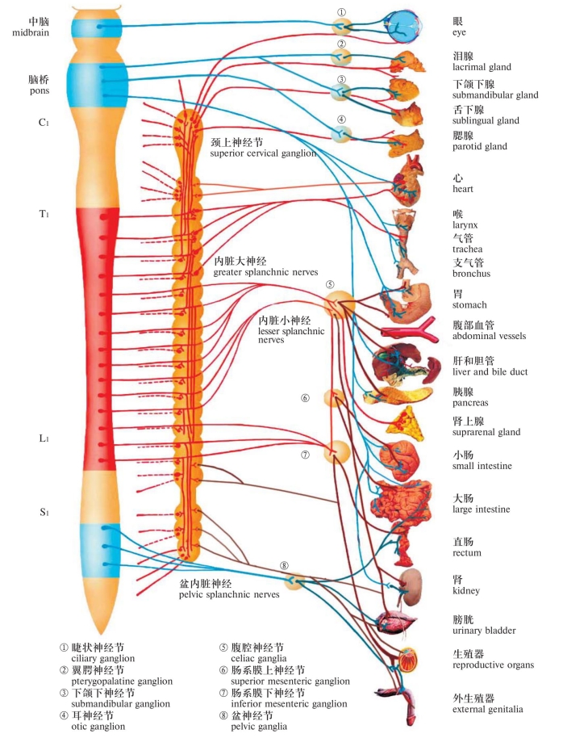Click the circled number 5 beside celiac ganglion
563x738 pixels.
pyautogui.click(x=330, y=284)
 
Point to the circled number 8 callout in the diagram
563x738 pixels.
pyautogui.click(x=284, y=565)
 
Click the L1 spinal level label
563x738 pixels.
pyautogui.click(x=44, y=438)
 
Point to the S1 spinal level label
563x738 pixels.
pyautogui.click(x=44, y=512)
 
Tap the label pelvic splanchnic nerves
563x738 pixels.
pyautogui.click(x=229, y=594)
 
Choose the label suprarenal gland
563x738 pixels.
pyautogui.click(x=486, y=432)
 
